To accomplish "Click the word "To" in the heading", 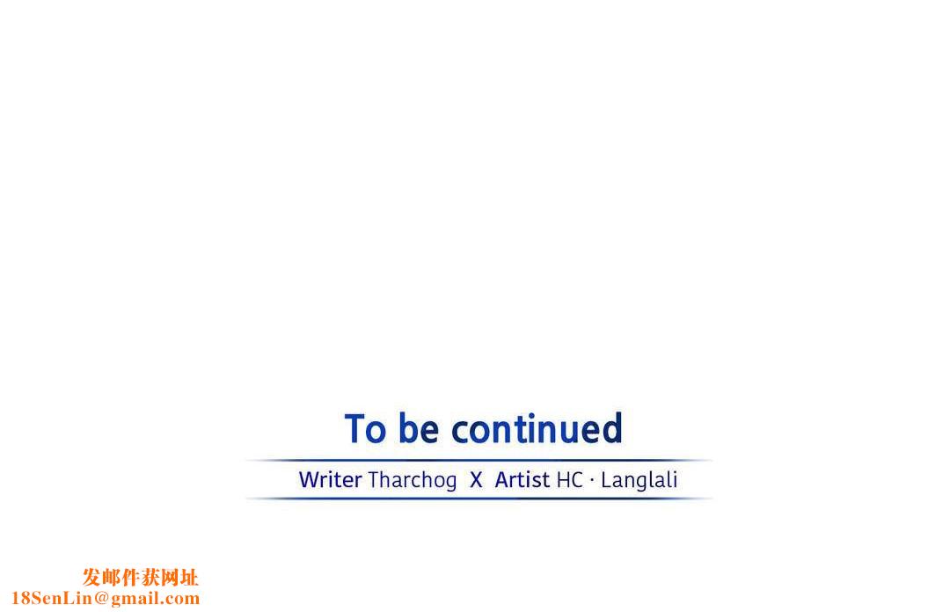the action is tap(365, 428).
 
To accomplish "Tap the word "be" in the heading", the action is tap(419, 428).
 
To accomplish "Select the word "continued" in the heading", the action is tap(537, 428).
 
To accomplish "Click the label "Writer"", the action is tap(330, 480).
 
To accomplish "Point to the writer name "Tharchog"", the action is tap(412, 480).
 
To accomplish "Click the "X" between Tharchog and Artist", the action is tap(476, 480).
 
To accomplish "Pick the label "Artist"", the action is tap(522, 480).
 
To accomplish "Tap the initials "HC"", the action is tap(569, 480).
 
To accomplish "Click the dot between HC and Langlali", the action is tap(592, 480).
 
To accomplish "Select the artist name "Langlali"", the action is tap(639, 480).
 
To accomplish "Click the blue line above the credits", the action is tap(479, 461).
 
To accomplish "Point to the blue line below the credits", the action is tap(479, 499).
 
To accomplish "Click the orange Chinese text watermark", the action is tap(141, 578).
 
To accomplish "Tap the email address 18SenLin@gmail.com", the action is tap(106, 598).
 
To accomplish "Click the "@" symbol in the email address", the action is tap(101, 599).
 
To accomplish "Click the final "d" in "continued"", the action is tap(612, 428).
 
